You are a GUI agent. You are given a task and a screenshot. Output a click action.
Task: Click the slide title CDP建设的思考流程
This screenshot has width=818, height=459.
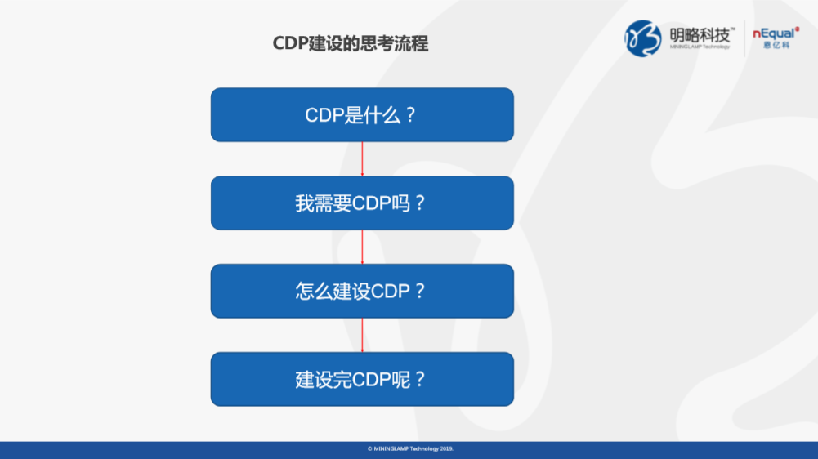coord(351,43)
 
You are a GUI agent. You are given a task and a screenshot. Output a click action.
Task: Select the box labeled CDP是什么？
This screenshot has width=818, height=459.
coord(362,114)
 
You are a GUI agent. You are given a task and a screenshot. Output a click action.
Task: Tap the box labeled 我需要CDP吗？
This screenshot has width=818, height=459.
coord(362,203)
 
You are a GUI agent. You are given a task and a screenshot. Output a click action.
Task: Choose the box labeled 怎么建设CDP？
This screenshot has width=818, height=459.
coord(362,291)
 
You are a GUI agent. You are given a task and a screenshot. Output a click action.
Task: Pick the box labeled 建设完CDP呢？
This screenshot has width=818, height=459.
coord(362,379)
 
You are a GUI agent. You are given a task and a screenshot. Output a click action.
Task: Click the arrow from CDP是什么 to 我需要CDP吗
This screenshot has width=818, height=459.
coord(362,159)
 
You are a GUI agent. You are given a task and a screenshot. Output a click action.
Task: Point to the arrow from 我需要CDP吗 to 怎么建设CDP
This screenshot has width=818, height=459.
coord(362,247)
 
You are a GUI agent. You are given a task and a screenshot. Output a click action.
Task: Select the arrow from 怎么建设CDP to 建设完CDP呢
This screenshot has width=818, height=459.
coord(362,336)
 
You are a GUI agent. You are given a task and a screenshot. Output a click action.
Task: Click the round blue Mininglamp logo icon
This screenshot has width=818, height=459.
coord(642,38)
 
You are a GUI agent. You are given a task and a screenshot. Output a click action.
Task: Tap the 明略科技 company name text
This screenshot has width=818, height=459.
coord(700,35)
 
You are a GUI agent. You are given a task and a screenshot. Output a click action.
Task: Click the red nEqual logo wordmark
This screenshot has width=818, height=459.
coord(776,33)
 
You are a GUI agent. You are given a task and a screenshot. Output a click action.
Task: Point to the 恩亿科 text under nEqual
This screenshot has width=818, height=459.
coord(776,46)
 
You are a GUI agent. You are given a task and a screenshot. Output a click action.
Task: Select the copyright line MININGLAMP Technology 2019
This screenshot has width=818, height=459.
coord(410,448)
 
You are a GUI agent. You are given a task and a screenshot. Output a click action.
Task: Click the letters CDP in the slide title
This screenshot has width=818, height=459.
coord(291,43)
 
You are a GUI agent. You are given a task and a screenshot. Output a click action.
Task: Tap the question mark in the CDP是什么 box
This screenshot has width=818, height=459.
coord(410,114)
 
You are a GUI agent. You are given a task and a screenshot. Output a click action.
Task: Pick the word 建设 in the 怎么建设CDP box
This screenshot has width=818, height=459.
coord(351,291)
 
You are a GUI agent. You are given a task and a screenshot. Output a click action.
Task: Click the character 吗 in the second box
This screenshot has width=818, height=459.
coord(400,203)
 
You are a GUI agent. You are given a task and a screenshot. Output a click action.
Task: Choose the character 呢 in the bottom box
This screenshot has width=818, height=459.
coord(400,379)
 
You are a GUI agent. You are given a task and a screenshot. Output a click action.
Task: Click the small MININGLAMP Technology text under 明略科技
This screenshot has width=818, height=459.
coord(700,47)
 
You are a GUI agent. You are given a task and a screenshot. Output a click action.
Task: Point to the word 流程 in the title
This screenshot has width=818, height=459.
coord(411,43)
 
